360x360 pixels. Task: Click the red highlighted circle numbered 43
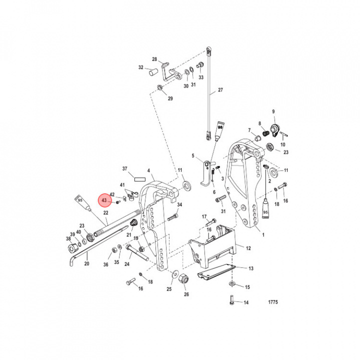click(x=104, y=200)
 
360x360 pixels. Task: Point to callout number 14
click(x=245, y=302)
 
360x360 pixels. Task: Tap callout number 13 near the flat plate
click(x=250, y=268)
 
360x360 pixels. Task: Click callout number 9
click(x=273, y=111)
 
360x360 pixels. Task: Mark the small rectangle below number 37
click(x=138, y=176)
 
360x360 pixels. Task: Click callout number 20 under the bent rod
click(x=86, y=263)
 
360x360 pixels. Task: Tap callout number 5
click(x=192, y=156)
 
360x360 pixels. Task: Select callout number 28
click(x=154, y=59)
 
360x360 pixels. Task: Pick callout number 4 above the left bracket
click(x=148, y=171)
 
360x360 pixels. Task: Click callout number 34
click(x=179, y=204)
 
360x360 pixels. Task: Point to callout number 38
click(x=68, y=239)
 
